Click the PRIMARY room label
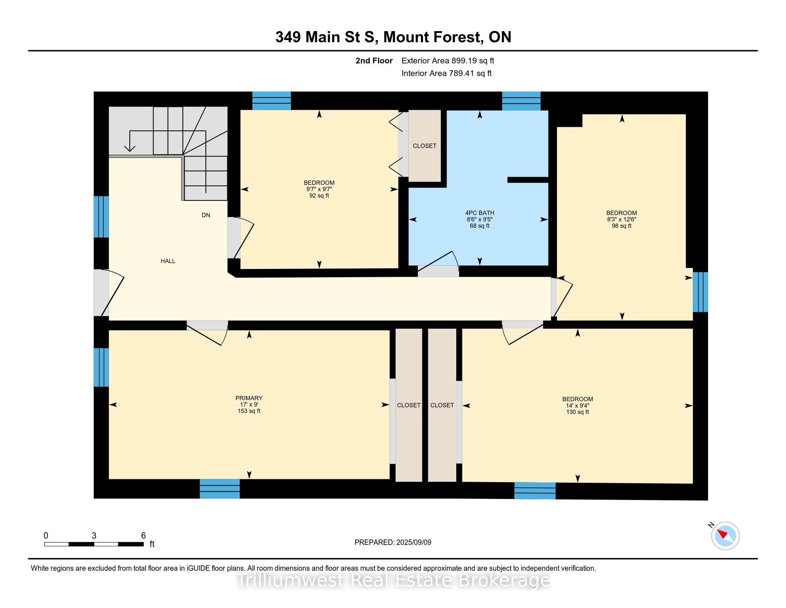(x=249, y=398)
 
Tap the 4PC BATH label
(x=480, y=213)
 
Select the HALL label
(x=168, y=261)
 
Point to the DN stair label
(x=206, y=215)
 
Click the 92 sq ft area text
(x=319, y=196)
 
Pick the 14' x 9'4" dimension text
(x=578, y=406)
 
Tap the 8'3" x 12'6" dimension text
(x=622, y=219)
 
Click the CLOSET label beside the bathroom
(x=425, y=146)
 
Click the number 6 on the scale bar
(x=143, y=536)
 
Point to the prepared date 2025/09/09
(x=413, y=543)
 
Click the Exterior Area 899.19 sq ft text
(x=448, y=61)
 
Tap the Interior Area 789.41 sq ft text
(x=447, y=73)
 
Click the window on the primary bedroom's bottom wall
(x=219, y=489)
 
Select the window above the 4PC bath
(x=521, y=101)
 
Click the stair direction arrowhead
(x=130, y=148)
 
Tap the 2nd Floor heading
(x=374, y=61)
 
